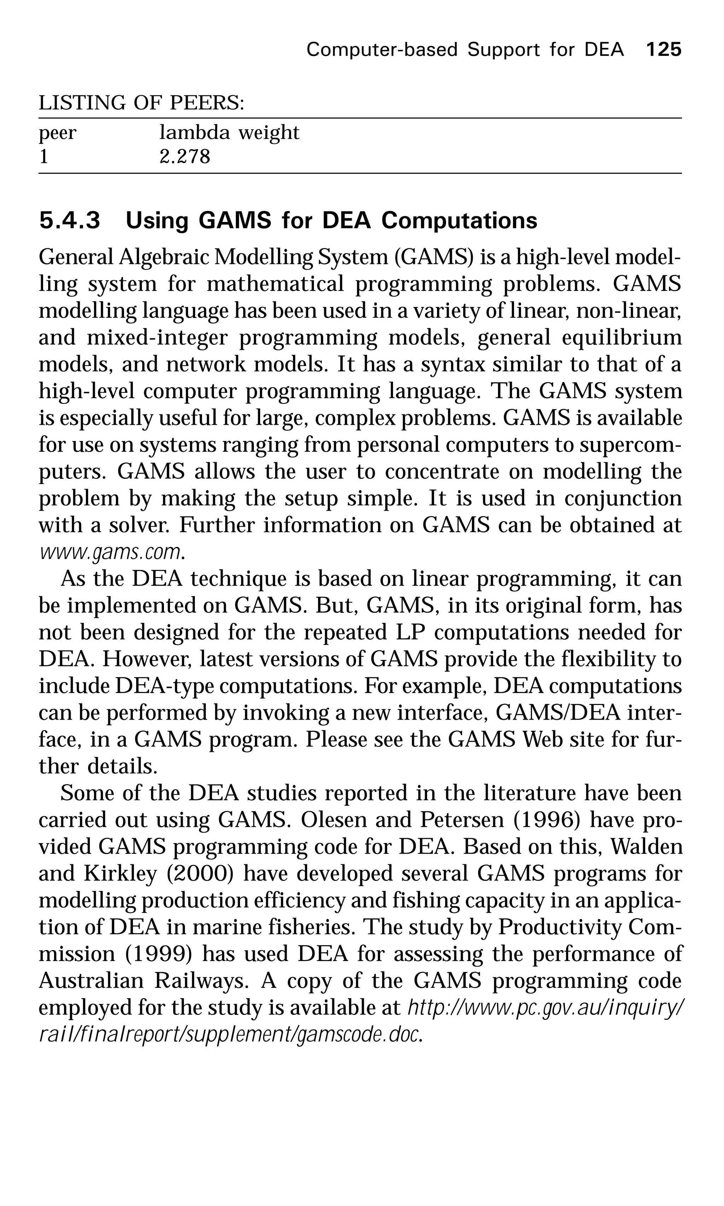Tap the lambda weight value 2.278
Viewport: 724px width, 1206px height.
pos(185,157)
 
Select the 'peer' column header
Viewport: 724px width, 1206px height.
pos(58,133)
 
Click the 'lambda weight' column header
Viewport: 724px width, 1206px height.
pos(229,132)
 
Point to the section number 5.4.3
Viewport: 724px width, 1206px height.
pos(69,220)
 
